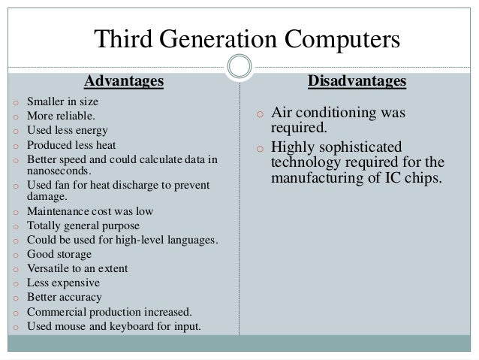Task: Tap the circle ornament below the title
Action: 239,66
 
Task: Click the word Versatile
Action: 47,268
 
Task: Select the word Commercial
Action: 55,311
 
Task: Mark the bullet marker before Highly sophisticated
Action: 259,147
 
